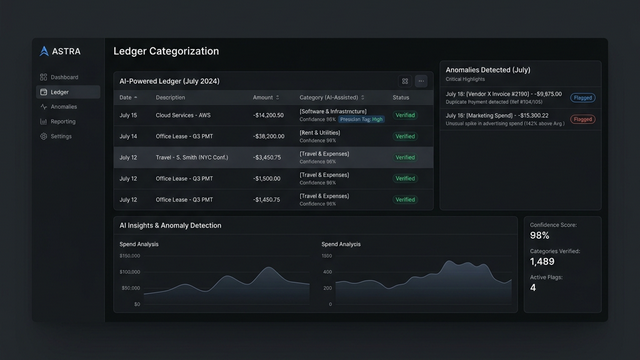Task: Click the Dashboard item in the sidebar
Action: (x=64, y=77)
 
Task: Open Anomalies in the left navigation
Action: (x=63, y=106)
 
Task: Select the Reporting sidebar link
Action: (x=63, y=121)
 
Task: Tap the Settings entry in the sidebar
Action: (x=61, y=136)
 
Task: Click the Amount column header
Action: (x=265, y=98)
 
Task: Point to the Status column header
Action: (x=401, y=98)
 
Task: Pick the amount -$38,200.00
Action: (x=268, y=136)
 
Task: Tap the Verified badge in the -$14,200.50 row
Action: (x=404, y=115)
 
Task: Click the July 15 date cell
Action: (x=128, y=115)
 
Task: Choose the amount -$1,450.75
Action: (x=267, y=199)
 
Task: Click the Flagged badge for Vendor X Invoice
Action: (x=582, y=98)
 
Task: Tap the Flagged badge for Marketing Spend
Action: (x=582, y=119)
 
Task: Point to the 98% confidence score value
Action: (x=540, y=236)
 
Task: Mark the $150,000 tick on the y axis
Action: (x=130, y=256)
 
